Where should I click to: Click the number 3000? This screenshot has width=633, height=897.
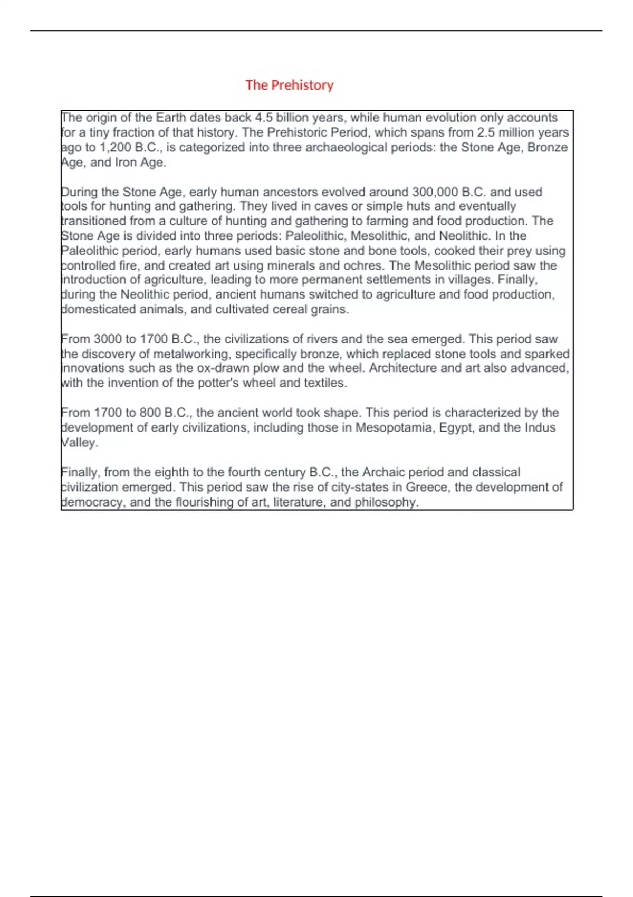tap(107, 339)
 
